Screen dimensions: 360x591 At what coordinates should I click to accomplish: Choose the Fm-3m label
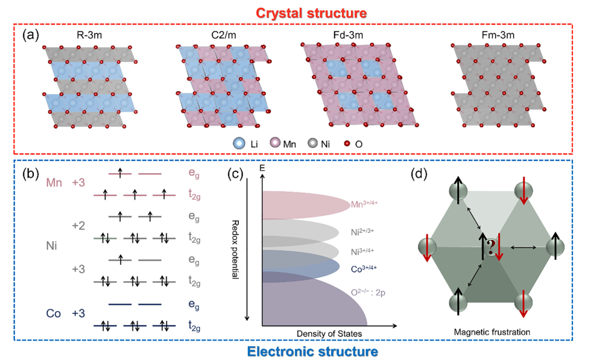pyautogui.click(x=485, y=36)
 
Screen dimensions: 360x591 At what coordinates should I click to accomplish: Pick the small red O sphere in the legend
pyautogui.click(x=348, y=144)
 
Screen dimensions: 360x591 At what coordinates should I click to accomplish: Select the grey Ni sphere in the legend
pyautogui.click(x=313, y=144)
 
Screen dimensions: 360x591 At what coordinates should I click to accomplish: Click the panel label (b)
pyautogui.click(x=31, y=174)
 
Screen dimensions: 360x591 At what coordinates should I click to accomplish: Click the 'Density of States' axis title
pyautogui.click(x=327, y=333)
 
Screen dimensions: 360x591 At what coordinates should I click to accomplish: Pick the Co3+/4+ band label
pyautogui.click(x=367, y=269)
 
